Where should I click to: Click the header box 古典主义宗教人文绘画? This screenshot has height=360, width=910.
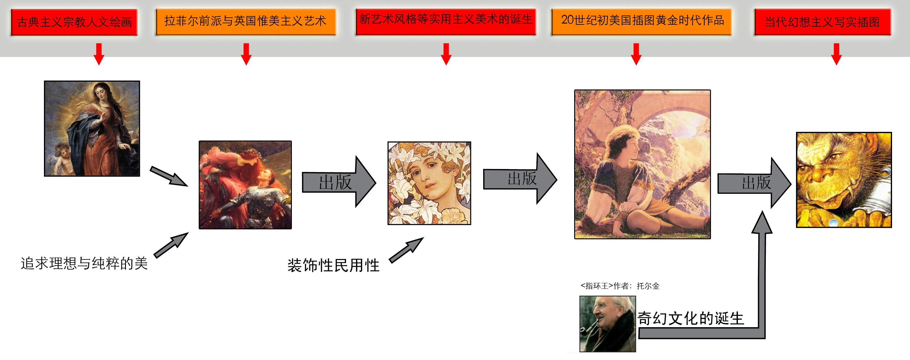[x=74, y=22]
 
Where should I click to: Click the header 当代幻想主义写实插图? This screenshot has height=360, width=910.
[x=822, y=22]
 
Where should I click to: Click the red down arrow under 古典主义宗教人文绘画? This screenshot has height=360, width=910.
[x=99, y=54]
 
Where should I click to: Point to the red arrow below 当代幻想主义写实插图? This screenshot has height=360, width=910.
[x=836, y=54]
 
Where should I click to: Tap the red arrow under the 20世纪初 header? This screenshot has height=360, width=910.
[x=636, y=54]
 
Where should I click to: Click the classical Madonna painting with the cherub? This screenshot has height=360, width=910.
[x=92, y=128]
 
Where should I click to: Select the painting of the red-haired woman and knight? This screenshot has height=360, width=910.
[x=245, y=185]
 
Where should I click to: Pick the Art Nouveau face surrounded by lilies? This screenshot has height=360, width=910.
[x=429, y=183]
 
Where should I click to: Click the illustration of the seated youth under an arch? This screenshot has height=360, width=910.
[x=642, y=164]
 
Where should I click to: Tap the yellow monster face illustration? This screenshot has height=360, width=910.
[x=843, y=180]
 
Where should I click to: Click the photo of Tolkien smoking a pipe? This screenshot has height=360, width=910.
[x=608, y=323]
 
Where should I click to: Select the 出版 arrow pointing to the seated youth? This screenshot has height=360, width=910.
[x=519, y=179]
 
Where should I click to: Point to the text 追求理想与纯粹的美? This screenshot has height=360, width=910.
[x=84, y=263]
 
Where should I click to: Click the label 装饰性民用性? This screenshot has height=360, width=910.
[x=333, y=265]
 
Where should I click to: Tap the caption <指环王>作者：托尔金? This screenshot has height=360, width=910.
[x=620, y=286]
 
